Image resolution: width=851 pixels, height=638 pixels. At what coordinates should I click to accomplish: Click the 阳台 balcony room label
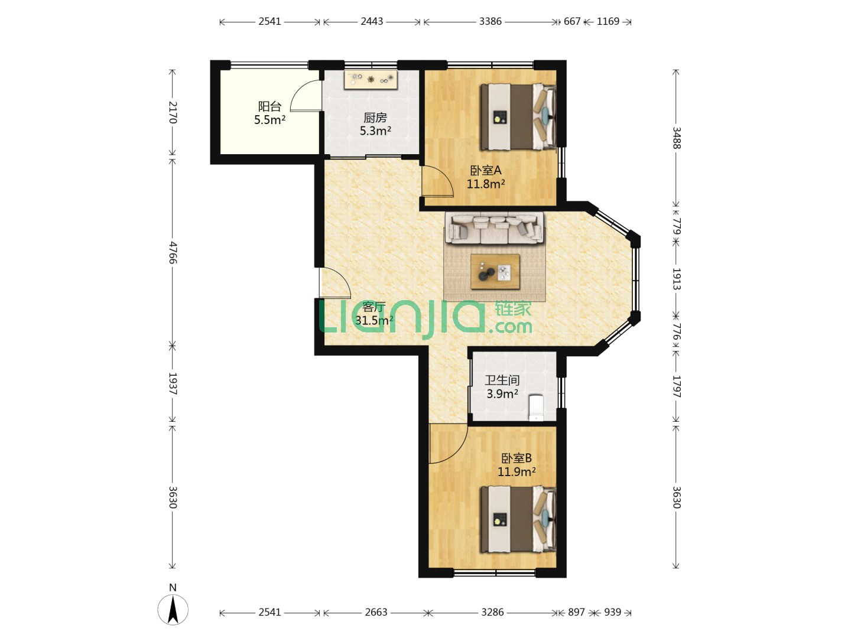(x=269, y=106)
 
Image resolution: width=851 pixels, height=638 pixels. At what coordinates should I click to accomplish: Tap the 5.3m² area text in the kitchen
(x=375, y=131)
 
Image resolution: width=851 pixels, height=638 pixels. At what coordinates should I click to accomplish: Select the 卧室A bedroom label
(x=486, y=171)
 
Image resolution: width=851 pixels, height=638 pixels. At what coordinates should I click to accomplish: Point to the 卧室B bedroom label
(x=517, y=458)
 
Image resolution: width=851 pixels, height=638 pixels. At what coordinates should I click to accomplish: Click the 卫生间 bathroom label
(x=502, y=380)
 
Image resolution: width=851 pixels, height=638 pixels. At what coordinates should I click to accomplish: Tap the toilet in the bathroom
(x=536, y=407)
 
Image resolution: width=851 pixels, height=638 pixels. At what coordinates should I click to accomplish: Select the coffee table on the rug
(x=495, y=272)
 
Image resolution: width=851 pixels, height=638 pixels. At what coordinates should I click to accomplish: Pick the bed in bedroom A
(x=518, y=117)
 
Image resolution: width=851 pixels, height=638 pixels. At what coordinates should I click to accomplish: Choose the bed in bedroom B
(x=518, y=519)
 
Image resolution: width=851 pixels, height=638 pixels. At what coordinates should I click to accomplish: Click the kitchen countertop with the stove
(x=371, y=80)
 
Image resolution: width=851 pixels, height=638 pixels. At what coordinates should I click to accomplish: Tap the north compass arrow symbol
(x=173, y=610)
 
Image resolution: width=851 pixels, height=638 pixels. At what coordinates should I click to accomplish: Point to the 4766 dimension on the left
(x=173, y=253)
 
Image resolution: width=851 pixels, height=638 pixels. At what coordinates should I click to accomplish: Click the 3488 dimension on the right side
(x=676, y=138)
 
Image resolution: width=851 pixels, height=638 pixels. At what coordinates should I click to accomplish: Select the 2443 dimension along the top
(x=372, y=21)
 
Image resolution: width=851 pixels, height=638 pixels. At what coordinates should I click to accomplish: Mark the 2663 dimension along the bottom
(x=376, y=612)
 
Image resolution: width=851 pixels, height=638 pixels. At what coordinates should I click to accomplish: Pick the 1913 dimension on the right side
(x=676, y=279)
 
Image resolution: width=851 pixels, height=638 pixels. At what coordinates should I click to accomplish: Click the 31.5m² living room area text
(x=374, y=320)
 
